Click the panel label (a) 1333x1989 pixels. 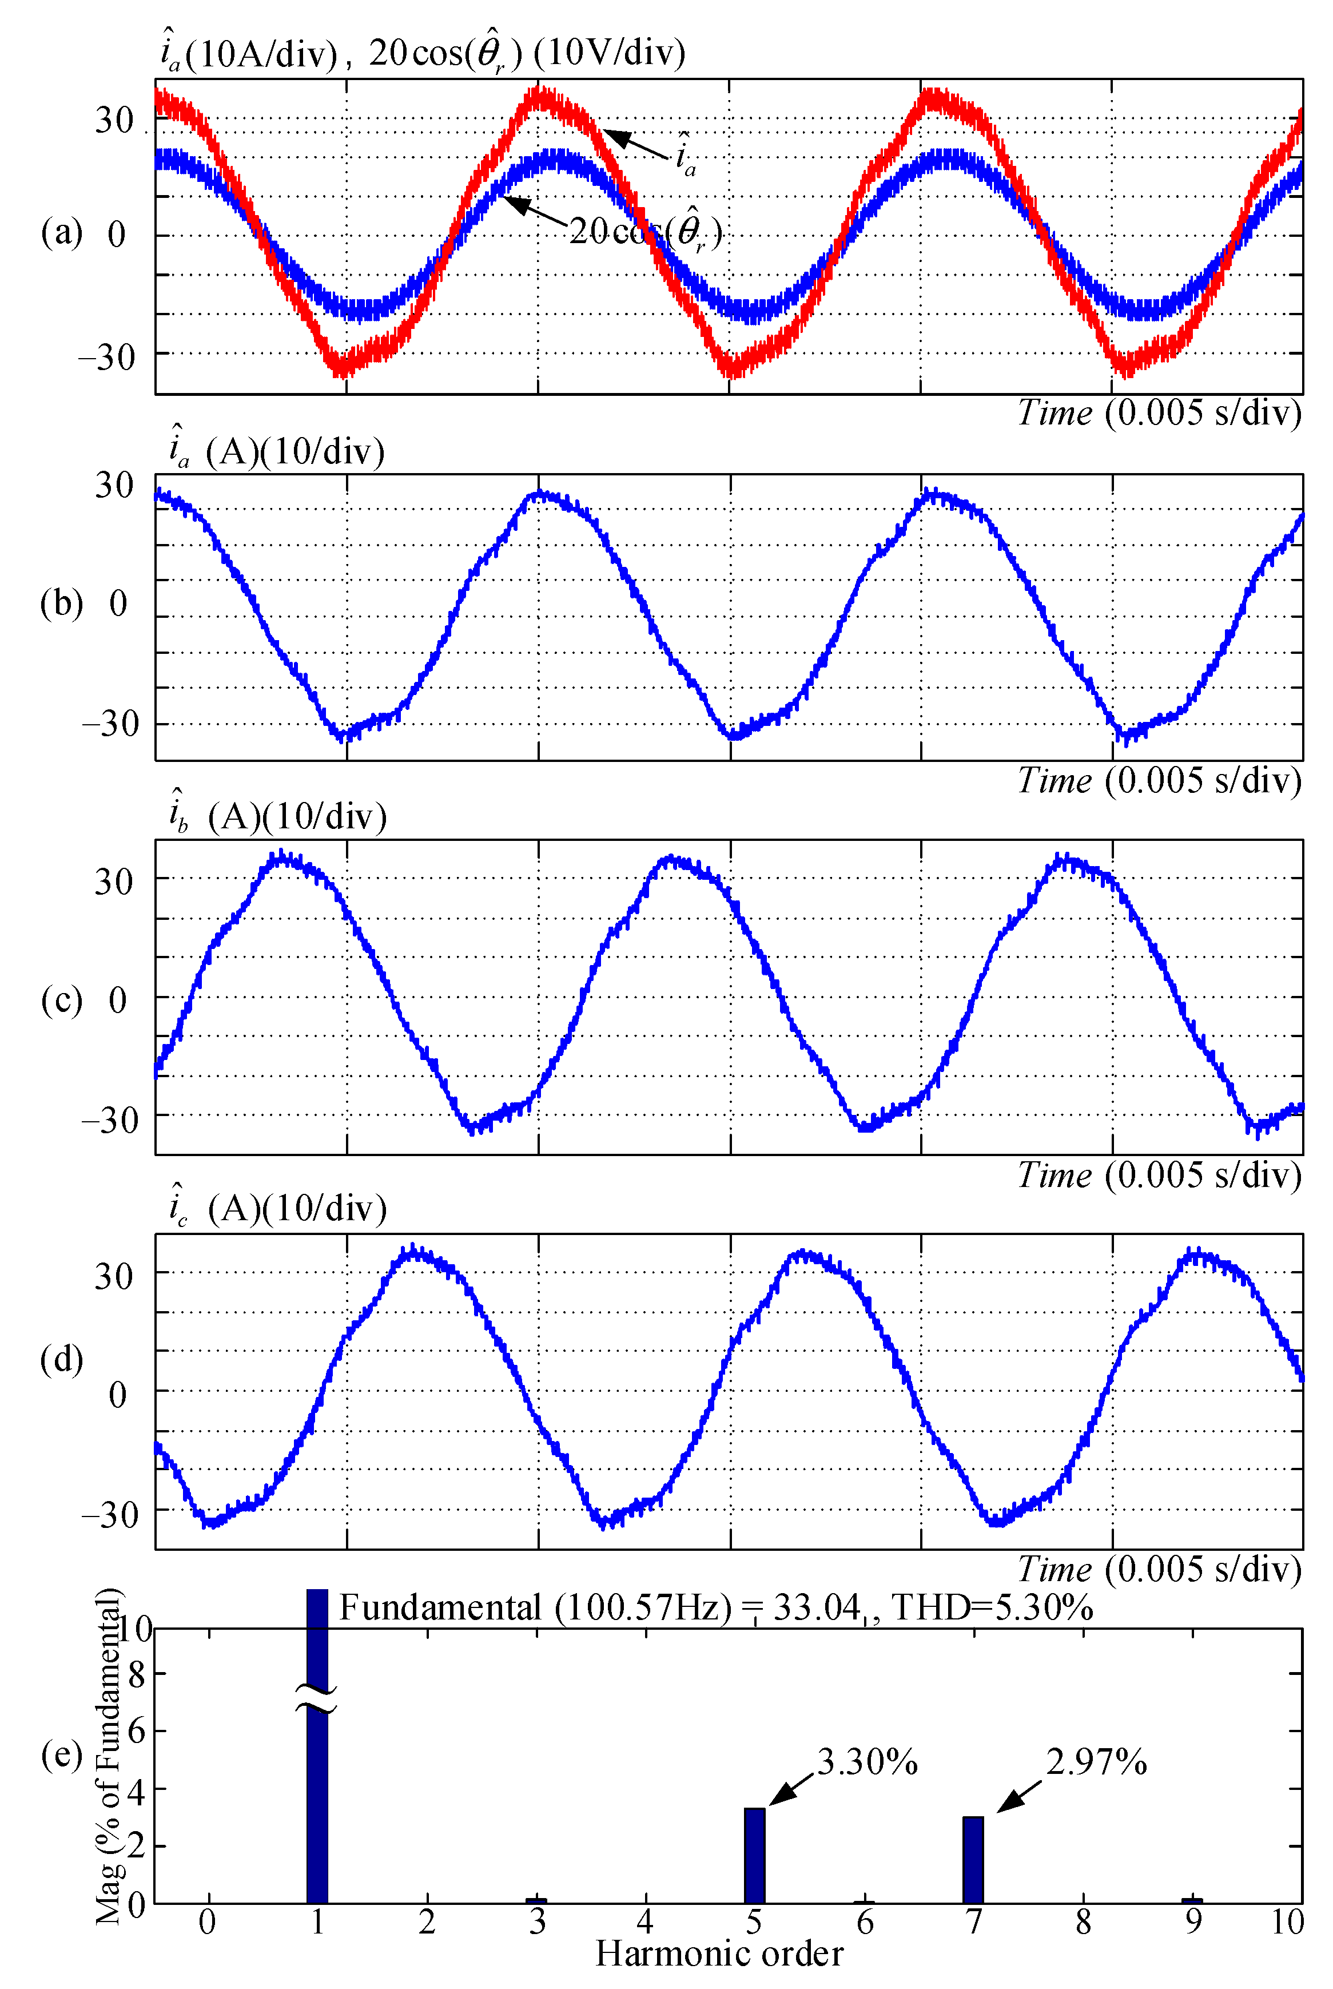click(x=61, y=232)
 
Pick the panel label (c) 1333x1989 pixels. click(x=61, y=999)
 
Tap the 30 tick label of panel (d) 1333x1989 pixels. click(x=114, y=1276)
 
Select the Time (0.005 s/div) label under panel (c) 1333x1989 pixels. click(x=1160, y=1174)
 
